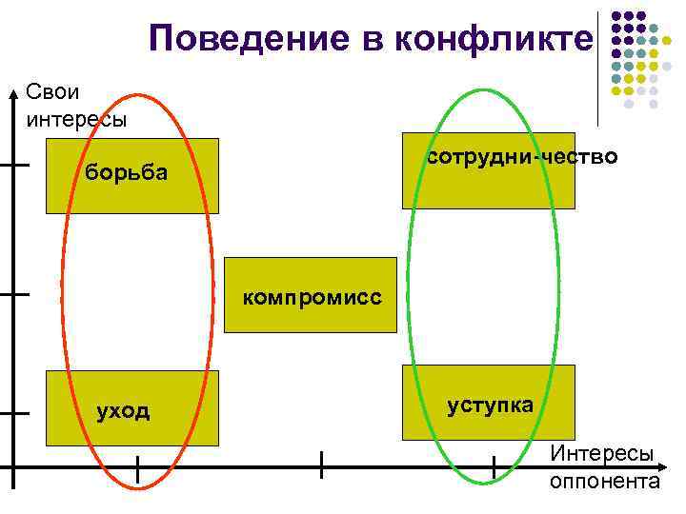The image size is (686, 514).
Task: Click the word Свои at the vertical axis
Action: click(x=53, y=93)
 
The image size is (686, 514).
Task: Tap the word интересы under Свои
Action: click(x=71, y=119)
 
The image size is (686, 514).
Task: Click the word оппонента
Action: click(x=604, y=480)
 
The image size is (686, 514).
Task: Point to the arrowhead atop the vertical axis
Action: click(x=13, y=93)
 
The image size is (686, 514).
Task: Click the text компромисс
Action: click(x=312, y=298)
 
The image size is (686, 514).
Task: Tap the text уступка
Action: click(x=491, y=405)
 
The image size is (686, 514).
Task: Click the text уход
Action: click(x=124, y=410)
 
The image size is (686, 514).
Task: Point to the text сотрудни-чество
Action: click(x=522, y=156)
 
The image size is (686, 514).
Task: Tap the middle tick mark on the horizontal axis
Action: click(x=322, y=466)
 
